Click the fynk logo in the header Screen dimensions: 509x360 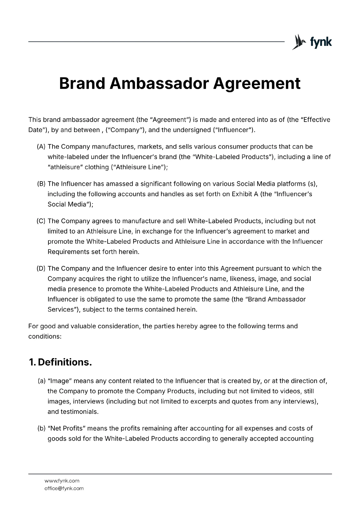point(312,42)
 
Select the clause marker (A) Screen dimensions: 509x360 point(41,147)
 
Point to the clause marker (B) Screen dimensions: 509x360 point(41,184)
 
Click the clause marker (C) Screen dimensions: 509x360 point(41,221)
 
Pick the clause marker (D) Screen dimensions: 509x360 point(41,268)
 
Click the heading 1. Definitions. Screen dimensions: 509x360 point(60,362)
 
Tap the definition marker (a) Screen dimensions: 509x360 point(42,381)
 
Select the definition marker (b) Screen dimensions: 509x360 point(42,429)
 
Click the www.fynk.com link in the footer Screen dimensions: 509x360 point(62,481)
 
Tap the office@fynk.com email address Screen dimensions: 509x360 point(64,488)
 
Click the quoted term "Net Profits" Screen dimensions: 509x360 point(67,429)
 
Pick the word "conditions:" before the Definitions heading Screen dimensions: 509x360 point(45,337)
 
